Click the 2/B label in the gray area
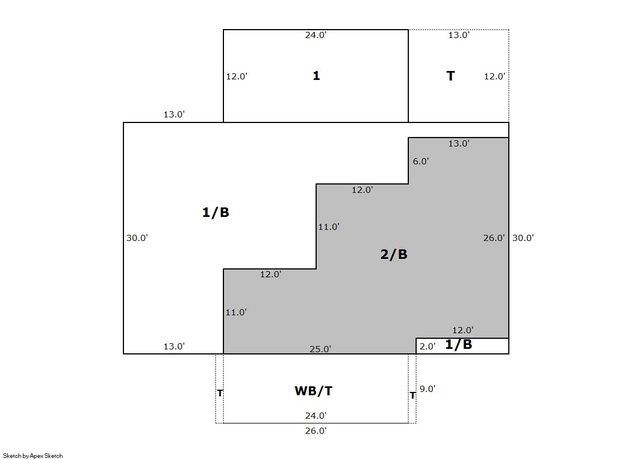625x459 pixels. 394,254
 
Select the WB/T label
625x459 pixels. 313,391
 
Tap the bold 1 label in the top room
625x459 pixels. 316,75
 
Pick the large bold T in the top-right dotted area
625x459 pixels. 450,76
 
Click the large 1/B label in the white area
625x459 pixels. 216,212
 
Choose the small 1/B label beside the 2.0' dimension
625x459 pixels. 459,344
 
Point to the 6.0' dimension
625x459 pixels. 421,161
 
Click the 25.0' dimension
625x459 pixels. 320,349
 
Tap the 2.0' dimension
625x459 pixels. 427,347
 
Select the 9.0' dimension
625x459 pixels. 427,389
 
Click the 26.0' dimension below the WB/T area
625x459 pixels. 316,431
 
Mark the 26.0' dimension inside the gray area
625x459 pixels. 494,238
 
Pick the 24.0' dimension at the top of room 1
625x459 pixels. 316,35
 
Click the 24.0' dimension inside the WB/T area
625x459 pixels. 316,416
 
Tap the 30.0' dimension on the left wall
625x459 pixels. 137,238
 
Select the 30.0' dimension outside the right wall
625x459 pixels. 523,238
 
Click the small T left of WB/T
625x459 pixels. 220,394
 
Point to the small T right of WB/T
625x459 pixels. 413,395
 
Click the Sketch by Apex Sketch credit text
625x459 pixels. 33,456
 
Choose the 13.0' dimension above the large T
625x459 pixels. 459,35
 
